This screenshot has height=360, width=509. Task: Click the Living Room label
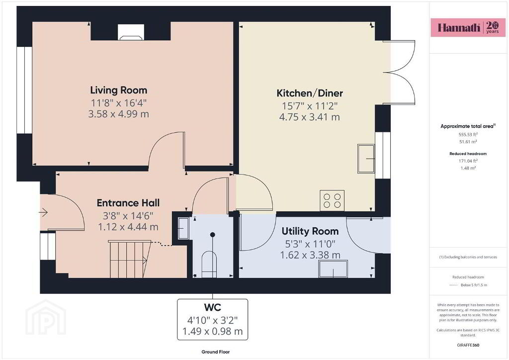click(118, 90)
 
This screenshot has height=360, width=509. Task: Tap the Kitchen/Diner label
click(310, 93)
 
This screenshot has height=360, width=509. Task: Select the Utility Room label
click(310, 231)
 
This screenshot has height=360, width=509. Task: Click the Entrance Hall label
click(128, 203)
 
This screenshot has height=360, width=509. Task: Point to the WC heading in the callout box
click(213, 307)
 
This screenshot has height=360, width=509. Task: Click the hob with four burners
click(332, 200)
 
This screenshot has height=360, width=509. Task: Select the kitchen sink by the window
click(366, 159)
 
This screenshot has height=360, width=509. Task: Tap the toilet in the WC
click(209, 265)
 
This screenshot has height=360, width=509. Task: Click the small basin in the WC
click(183, 228)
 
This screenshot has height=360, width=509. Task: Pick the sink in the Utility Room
click(333, 269)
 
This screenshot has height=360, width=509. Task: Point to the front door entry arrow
click(44, 213)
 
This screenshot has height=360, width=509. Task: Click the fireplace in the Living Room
click(131, 32)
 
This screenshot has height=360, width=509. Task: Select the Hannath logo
click(468, 27)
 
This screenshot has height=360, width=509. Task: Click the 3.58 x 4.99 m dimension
click(118, 114)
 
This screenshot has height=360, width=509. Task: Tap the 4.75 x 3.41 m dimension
click(310, 117)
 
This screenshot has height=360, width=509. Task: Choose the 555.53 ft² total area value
click(468, 134)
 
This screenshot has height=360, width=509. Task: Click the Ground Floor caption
click(216, 352)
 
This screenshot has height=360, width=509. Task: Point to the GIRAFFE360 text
click(468, 345)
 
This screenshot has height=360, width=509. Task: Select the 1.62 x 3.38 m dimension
click(310, 255)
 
